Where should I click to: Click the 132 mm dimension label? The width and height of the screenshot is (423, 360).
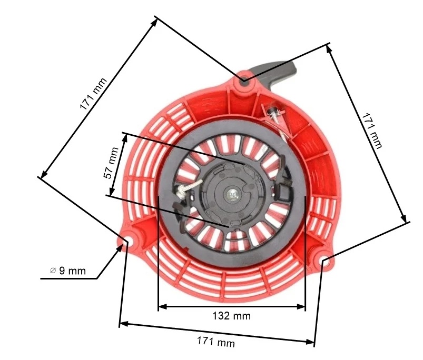pyautogui.click(x=232, y=316)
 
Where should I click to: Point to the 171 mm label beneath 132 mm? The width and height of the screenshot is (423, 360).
pyautogui.click(x=215, y=342)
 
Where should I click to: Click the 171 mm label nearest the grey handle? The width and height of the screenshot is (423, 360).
pyautogui.click(x=372, y=129)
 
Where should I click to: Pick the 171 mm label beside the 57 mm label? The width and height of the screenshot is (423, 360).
pyautogui.click(x=93, y=94)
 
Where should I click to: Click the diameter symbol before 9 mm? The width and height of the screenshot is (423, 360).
pyautogui.click(x=53, y=271)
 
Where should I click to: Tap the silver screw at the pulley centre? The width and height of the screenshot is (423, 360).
pyautogui.click(x=232, y=194)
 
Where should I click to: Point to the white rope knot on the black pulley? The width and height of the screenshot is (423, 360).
pyautogui.click(x=185, y=191)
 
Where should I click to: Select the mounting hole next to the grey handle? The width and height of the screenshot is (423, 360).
pyautogui.click(x=245, y=80)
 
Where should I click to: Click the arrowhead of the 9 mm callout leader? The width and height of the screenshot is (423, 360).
pyautogui.click(x=124, y=245)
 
